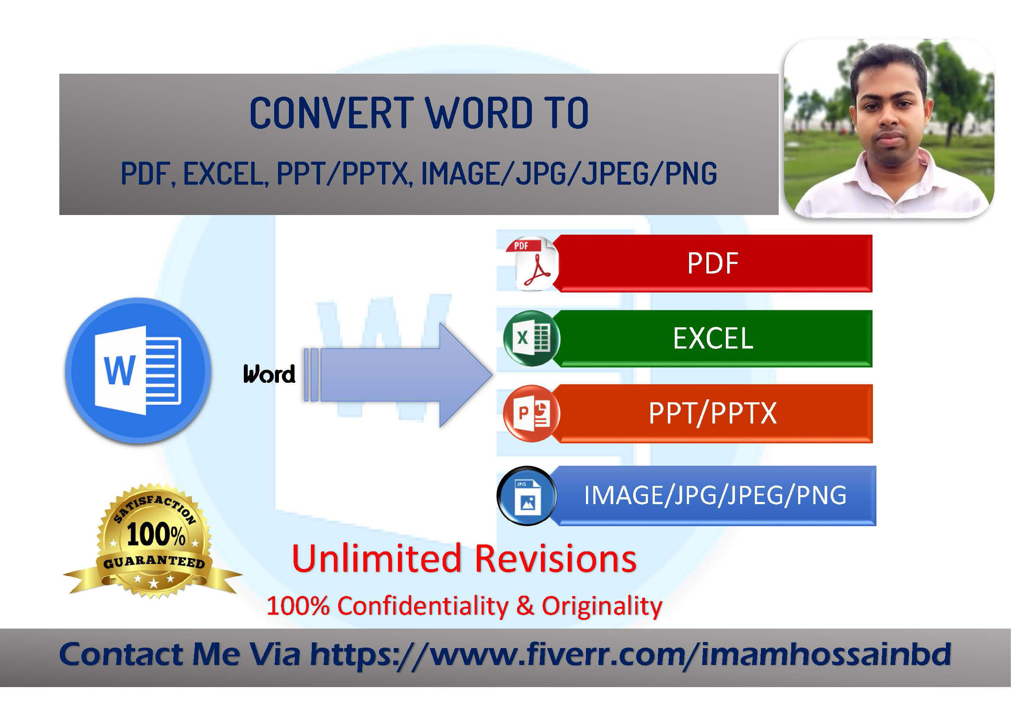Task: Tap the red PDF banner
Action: (712, 264)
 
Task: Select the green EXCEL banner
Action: (712, 339)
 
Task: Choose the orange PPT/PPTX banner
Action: (712, 414)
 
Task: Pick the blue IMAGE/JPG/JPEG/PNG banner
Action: (715, 496)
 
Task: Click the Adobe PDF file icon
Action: (533, 264)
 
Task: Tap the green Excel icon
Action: (532, 338)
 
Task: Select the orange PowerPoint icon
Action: (532, 414)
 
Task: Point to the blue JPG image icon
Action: (527, 496)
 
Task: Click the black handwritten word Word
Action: (269, 374)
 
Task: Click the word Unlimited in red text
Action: (376, 558)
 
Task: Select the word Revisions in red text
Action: (556, 558)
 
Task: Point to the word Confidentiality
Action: (423, 606)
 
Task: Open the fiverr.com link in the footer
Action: (631, 654)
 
